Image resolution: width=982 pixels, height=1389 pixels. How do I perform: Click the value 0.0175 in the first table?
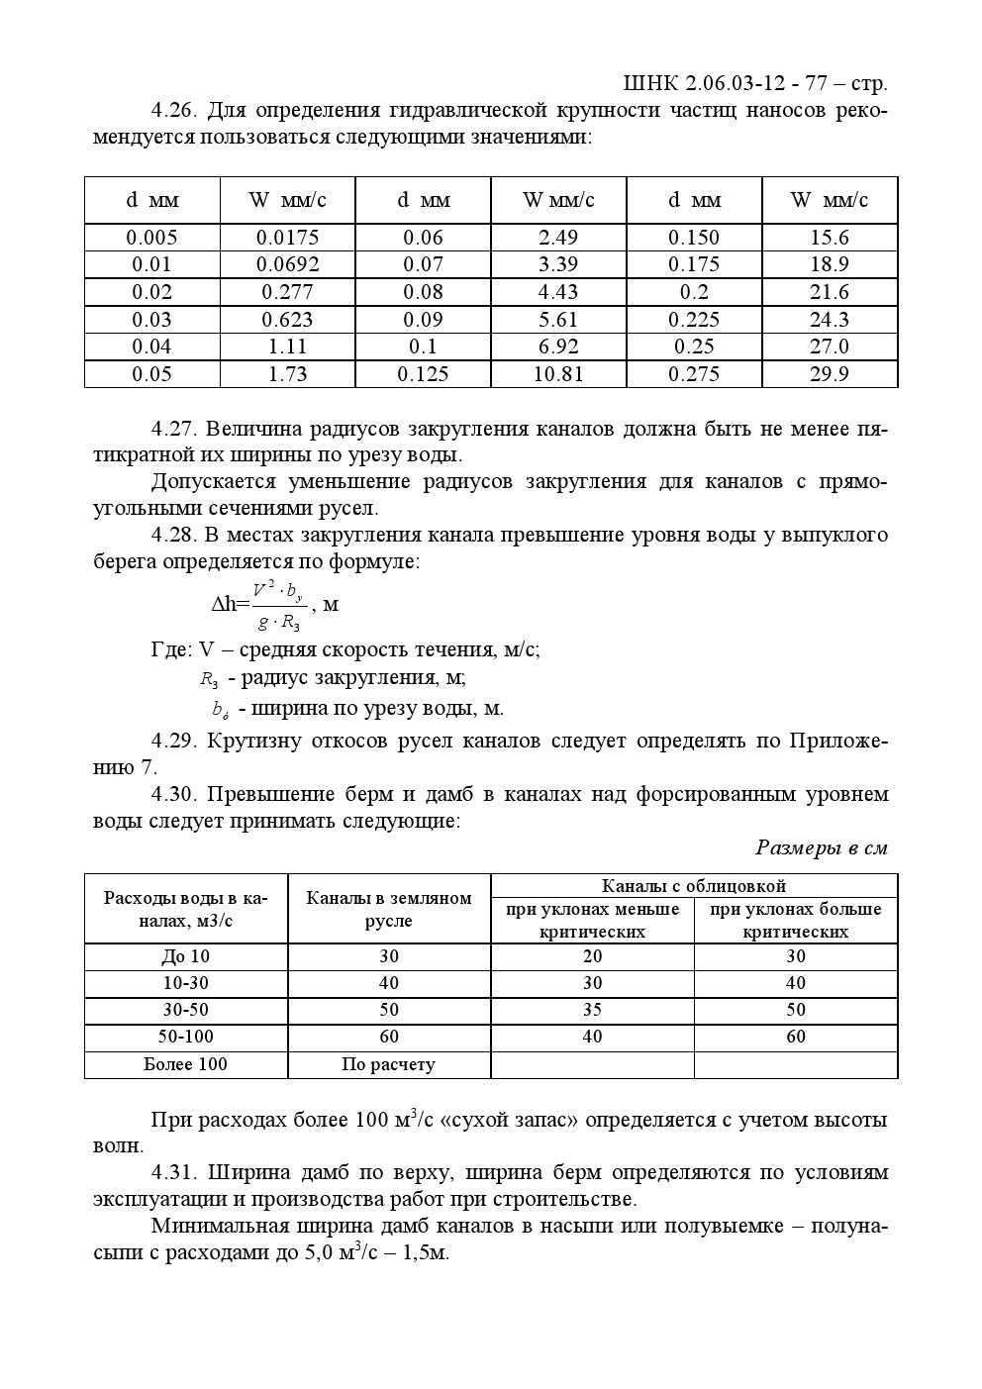tap(287, 238)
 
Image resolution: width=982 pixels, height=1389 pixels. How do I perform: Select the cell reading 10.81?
tap(558, 374)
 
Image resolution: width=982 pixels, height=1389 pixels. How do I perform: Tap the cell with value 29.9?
tap(829, 374)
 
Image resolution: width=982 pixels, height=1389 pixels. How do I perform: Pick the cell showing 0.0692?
tap(287, 264)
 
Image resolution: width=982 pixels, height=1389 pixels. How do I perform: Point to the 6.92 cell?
tap(558, 347)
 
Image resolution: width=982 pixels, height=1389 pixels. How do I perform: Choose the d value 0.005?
tap(151, 238)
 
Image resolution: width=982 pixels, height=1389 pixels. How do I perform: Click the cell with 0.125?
tap(423, 374)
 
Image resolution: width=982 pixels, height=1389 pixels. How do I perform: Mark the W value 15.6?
tap(829, 238)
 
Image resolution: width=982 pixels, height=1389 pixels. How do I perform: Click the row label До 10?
tap(186, 956)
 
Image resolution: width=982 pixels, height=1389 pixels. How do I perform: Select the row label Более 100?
tap(186, 1064)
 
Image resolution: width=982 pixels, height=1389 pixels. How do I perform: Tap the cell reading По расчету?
tap(388, 1064)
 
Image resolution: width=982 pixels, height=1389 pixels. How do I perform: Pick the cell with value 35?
tap(592, 1010)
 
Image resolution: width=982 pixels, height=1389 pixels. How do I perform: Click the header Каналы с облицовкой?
tap(693, 886)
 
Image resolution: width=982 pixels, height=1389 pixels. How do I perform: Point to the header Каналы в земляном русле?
tap(388, 909)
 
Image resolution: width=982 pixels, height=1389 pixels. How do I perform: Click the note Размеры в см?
tap(821, 847)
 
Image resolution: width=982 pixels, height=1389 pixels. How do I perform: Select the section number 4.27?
tap(175, 430)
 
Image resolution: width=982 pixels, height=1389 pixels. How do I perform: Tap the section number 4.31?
tap(175, 1173)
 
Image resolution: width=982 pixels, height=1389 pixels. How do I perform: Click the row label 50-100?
tap(186, 1037)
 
